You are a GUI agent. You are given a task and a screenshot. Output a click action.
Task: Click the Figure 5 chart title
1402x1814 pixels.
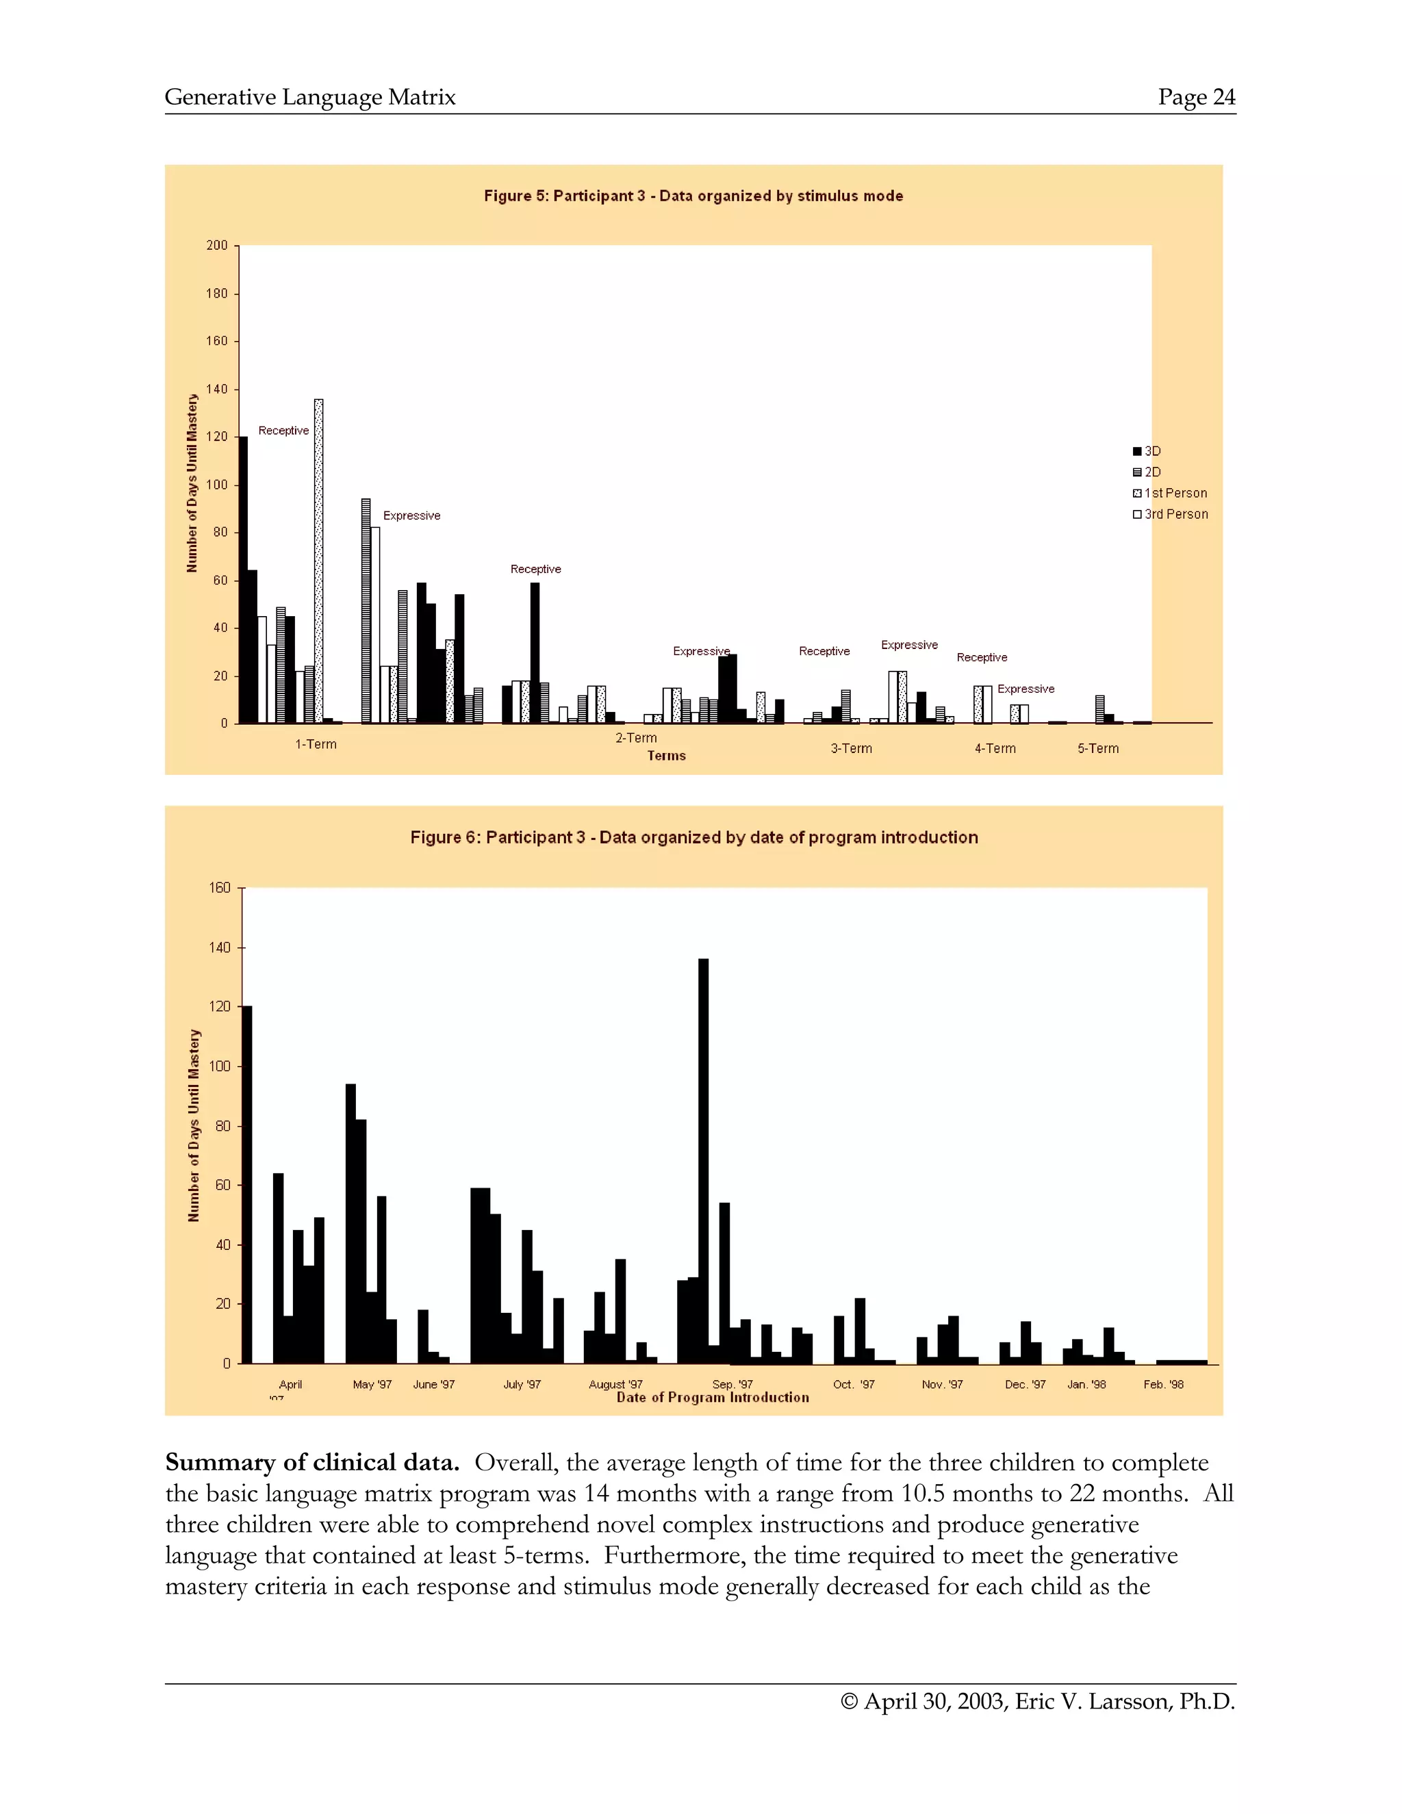693,196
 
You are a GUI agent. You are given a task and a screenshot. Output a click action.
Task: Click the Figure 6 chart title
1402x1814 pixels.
693,837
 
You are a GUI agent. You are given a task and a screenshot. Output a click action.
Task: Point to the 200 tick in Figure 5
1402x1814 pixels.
217,246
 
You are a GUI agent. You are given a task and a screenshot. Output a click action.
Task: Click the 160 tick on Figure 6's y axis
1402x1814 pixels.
220,888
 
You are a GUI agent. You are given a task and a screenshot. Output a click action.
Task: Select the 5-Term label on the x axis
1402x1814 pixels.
1098,748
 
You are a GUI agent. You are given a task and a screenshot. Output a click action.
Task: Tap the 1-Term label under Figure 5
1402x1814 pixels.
316,744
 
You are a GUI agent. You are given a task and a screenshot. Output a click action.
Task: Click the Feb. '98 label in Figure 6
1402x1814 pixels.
1163,1385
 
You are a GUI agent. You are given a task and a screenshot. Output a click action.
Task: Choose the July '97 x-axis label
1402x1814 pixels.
522,1385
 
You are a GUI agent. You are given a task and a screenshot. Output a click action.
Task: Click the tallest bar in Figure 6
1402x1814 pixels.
704,1163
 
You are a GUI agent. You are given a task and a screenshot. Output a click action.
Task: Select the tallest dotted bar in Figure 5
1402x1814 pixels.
319,561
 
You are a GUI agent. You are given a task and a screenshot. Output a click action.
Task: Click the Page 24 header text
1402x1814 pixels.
1196,97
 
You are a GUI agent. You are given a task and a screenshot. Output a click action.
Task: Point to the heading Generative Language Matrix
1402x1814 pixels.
310,97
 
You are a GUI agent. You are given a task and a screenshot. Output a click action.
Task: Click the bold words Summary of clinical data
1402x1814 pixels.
312,1463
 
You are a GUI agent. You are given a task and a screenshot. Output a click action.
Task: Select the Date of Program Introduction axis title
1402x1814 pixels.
713,1398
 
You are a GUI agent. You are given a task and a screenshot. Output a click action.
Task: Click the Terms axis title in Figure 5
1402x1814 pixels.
666,756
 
